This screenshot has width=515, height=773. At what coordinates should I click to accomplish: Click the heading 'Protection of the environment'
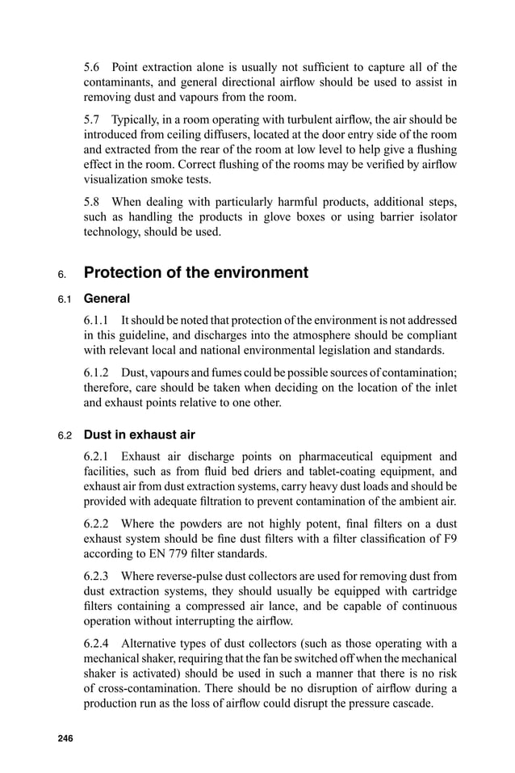[x=196, y=273]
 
